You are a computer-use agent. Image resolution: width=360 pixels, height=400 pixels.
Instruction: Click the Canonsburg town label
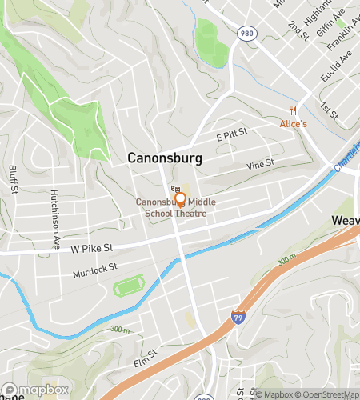click(165, 158)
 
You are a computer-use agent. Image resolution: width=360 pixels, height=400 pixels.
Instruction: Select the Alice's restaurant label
click(293, 124)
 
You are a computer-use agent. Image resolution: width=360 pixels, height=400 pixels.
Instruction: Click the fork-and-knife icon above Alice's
click(294, 110)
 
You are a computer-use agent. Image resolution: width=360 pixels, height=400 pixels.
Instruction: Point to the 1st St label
click(328, 107)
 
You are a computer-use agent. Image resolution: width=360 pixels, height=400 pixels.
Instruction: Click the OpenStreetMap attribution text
click(326, 393)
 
